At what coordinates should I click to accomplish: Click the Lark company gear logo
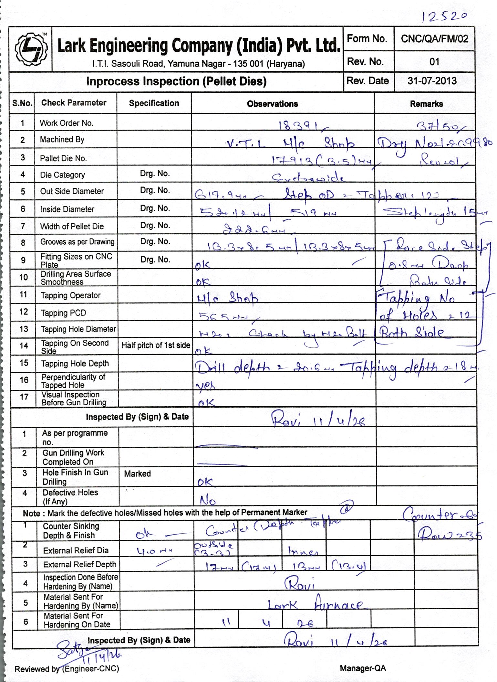click(31, 49)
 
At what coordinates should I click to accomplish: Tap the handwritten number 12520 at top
click(444, 16)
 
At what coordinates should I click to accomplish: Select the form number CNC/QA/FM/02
click(434, 39)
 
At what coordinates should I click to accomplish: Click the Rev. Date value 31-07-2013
click(432, 81)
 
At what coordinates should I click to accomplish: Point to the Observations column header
click(272, 104)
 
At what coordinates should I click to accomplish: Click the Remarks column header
click(426, 104)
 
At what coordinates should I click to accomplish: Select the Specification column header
click(154, 103)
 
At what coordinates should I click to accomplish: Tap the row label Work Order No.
click(66, 123)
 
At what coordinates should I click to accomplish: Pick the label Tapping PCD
click(63, 313)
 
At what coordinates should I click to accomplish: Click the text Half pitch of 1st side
click(156, 345)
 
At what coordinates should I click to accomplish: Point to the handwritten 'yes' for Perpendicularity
click(205, 385)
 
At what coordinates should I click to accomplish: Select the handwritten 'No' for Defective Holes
click(207, 500)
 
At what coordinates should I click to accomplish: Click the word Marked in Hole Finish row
click(137, 474)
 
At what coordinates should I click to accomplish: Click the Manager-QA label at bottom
click(363, 668)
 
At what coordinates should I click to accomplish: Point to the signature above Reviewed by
click(87, 650)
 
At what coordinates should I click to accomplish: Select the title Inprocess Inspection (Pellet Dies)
click(176, 81)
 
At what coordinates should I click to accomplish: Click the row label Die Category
click(62, 175)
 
